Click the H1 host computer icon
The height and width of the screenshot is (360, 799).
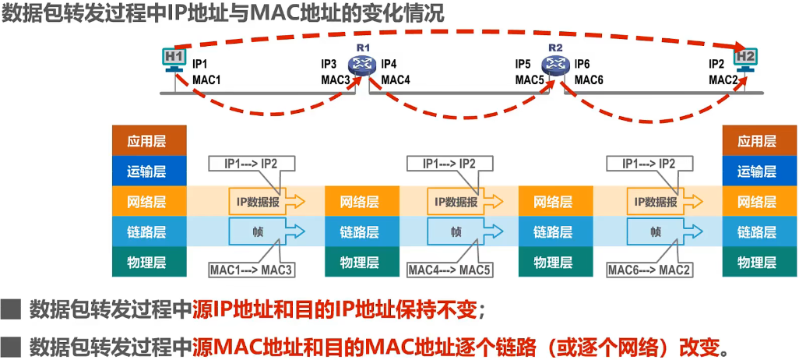(174, 59)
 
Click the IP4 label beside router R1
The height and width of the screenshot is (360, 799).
(389, 64)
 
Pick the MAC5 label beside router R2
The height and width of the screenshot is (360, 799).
(530, 80)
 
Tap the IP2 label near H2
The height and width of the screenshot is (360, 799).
(716, 64)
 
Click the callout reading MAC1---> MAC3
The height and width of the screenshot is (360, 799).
(252, 270)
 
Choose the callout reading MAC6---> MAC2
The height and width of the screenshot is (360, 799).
(649, 270)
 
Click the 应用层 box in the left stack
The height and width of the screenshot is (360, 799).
(150, 141)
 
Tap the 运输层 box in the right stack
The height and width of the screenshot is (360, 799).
(760, 171)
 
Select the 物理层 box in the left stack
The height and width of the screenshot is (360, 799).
(150, 262)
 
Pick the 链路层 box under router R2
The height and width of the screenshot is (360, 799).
(556, 232)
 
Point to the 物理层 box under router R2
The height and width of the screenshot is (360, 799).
(556, 262)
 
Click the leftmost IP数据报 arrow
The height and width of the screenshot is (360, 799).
(267, 202)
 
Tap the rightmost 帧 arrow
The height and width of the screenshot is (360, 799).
(665, 232)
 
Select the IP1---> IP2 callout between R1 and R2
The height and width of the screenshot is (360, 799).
(450, 164)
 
